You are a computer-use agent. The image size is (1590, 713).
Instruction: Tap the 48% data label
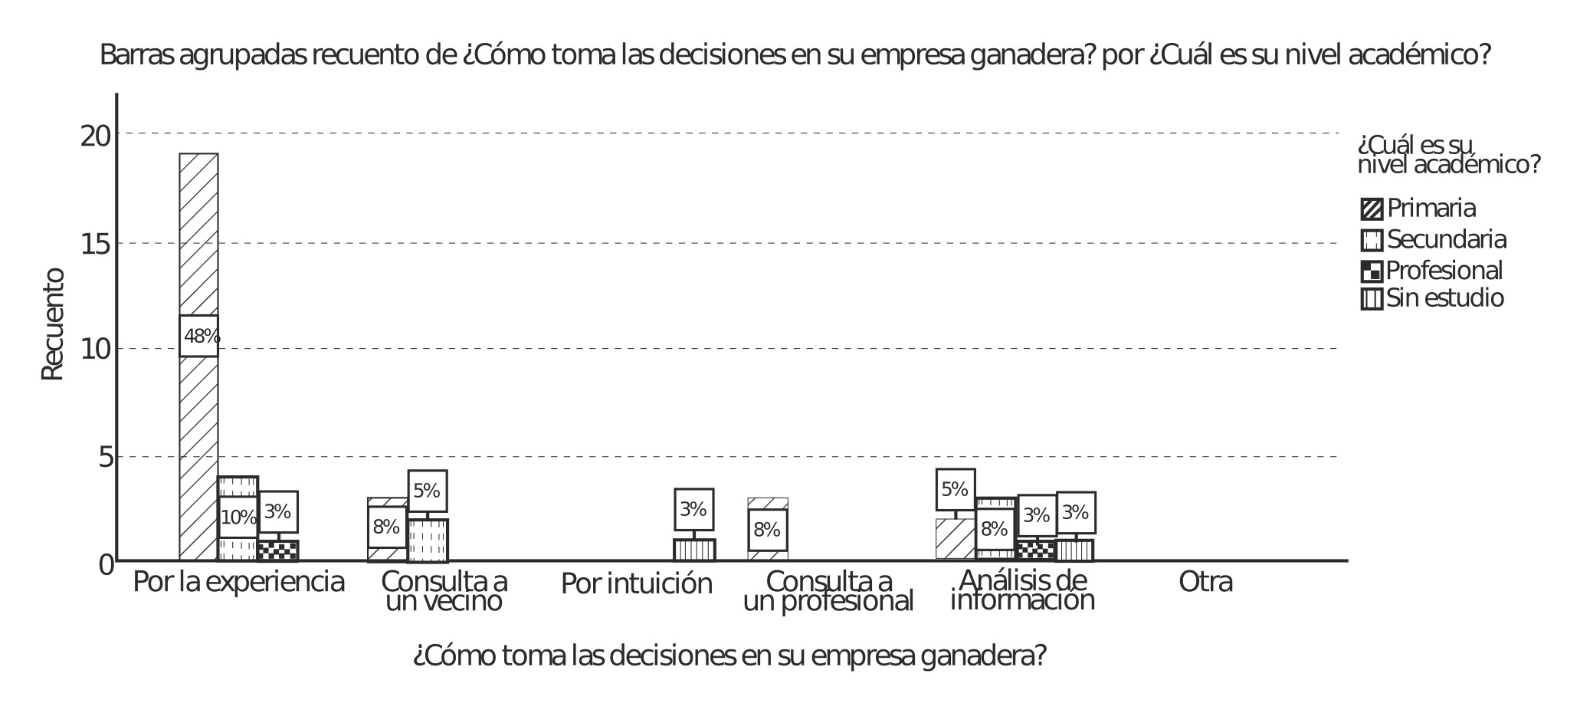pyautogui.click(x=199, y=336)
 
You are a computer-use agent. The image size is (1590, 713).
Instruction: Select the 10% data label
pyautogui.click(x=238, y=517)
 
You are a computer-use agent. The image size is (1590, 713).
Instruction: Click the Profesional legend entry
pyautogui.click(x=1431, y=271)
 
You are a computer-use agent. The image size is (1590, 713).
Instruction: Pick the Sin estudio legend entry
pyautogui.click(x=1431, y=298)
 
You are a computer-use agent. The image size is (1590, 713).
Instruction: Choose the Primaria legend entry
pyautogui.click(x=1418, y=209)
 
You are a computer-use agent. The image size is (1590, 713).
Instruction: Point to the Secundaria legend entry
pyautogui.click(x=1434, y=240)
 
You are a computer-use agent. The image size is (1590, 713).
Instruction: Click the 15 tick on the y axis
pyautogui.click(x=97, y=245)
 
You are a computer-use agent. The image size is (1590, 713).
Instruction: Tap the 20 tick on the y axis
pyautogui.click(x=97, y=136)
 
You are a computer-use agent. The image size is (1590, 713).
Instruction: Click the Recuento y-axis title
pyautogui.click(x=53, y=324)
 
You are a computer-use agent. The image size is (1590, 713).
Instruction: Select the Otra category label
pyautogui.click(x=1205, y=583)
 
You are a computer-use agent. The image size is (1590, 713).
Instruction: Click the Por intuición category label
pyautogui.click(x=636, y=584)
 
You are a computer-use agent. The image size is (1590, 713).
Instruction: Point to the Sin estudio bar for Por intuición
pyautogui.click(x=694, y=550)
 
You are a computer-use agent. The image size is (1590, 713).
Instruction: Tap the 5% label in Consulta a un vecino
pyautogui.click(x=427, y=491)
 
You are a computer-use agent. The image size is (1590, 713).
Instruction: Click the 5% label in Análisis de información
pyautogui.click(x=955, y=489)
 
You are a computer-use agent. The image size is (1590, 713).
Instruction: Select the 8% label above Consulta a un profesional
pyautogui.click(x=767, y=530)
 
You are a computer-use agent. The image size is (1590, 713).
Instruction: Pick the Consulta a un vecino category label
pyautogui.click(x=444, y=591)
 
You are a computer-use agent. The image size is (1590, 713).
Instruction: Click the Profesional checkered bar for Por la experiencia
pyautogui.click(x=277, y=550)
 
